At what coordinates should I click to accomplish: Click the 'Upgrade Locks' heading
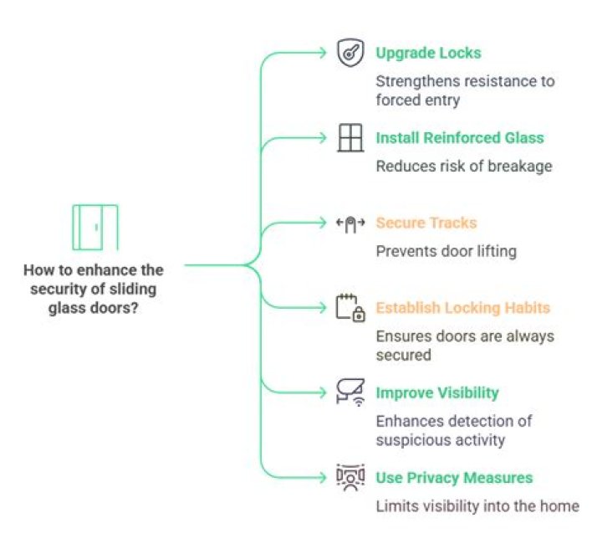pos(428,53)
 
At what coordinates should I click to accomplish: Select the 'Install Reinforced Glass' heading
pos(459,137)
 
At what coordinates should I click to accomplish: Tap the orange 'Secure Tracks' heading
pos(426,223)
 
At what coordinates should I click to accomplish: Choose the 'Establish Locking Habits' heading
pos(463,307)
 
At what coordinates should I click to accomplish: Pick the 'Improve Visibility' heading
pos(437,392)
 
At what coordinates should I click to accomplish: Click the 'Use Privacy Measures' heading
pos(454,478)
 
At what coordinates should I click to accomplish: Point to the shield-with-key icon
pos(349,53)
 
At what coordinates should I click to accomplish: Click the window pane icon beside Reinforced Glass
pos(349,137)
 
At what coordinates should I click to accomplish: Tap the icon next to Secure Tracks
pos(349,223)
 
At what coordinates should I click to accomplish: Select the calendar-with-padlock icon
pos(349,307)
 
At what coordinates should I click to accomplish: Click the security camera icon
pos(349,392)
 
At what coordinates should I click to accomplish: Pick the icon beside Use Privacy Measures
pos(349,478)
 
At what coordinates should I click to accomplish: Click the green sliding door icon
pos(94,228)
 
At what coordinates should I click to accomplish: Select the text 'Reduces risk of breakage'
pos(464,166)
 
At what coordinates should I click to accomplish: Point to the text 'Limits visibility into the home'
pos(477,505)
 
